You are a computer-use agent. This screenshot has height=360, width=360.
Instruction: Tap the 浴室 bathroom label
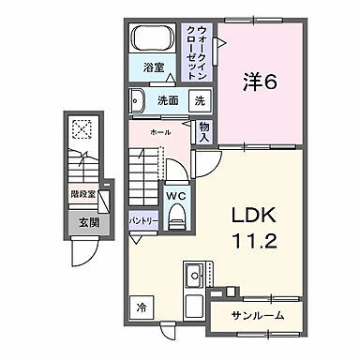click(153, 68)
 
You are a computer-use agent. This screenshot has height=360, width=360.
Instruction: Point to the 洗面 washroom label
click(168, 99)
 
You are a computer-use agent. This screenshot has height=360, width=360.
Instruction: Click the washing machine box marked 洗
click(199, 100)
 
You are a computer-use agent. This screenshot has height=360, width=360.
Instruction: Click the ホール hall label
click(161, 133)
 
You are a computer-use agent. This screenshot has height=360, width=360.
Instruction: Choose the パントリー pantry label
click(142, 220)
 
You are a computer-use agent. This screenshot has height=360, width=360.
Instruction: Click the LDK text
click(250, 215)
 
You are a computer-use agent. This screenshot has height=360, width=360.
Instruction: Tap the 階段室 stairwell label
click(82, 195)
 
